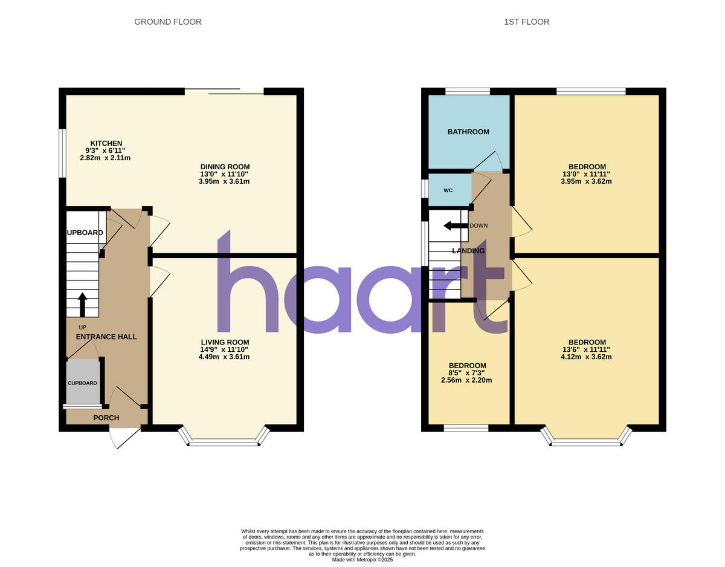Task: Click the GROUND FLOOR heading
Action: point(167,22)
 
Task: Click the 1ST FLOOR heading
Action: point(526,22)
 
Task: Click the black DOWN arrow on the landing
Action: point(456,225)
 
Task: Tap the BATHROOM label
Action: point(468,132)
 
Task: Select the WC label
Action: point(448,190)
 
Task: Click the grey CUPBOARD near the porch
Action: point(82,382)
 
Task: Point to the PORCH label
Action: point(106,418)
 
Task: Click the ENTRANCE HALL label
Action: point(106,337)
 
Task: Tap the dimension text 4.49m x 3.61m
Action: point(224,357)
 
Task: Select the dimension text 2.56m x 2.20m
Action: point(467,380)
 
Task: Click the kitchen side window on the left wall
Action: point(62,152)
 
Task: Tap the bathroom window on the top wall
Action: point(468,91)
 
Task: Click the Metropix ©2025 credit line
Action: point(362,560)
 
